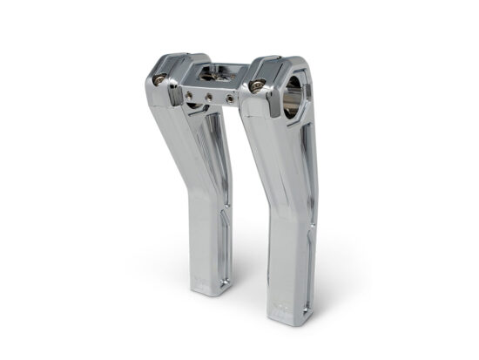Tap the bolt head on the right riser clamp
pyautogui.click(x=258, y=85)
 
